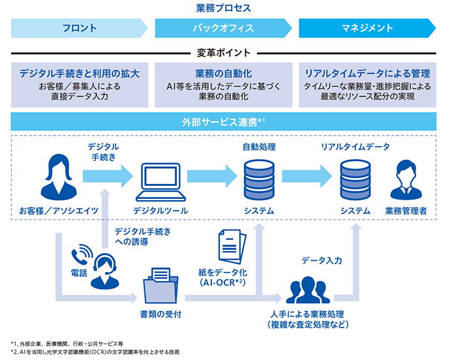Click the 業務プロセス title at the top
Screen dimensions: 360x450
tap(223, 8)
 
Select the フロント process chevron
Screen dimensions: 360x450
tap(80, 28)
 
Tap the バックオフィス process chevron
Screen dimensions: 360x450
tap(223, 28)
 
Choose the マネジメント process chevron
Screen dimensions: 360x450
tap(367, 28)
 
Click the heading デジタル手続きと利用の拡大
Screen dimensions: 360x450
tap(80, 73)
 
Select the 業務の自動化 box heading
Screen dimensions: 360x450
tap(223, 73)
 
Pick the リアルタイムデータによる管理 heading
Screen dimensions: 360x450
tap(367, 73)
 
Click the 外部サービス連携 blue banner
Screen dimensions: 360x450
tap(223, 122)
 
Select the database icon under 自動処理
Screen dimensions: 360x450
tap(259, 178)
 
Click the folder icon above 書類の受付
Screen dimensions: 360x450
tap(160, 284)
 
